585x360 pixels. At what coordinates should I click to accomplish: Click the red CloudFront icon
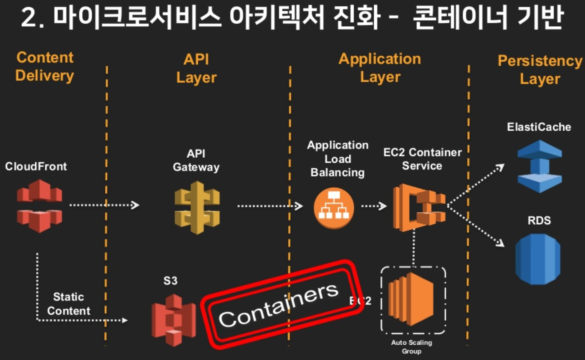(39, 206)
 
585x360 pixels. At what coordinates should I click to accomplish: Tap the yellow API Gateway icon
(197, 207)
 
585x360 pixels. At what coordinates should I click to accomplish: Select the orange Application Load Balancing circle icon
(334, 208)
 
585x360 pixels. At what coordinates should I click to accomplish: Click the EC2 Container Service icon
(419, 207)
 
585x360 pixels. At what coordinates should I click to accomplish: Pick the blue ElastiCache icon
(539, 166)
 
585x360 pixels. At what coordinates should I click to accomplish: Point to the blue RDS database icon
(538, 259)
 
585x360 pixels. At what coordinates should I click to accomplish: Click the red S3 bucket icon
(174, 320)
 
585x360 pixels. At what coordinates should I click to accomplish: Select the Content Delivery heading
(45, 67)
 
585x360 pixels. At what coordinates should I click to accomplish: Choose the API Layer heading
(196, 69)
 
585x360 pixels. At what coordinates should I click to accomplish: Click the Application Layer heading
(380, 68)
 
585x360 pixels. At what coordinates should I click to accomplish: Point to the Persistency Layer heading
(540, 70)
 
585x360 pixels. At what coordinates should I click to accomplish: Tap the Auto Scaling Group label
(411, 347)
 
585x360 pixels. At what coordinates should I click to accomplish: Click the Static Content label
(68, 304)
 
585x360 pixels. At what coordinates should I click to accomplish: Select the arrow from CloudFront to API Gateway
(104, 205)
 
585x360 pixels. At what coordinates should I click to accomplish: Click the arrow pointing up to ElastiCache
(476, 185)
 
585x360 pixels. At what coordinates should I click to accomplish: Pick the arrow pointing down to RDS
(476, 227)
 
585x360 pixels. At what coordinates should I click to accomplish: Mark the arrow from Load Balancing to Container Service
(374, 206)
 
